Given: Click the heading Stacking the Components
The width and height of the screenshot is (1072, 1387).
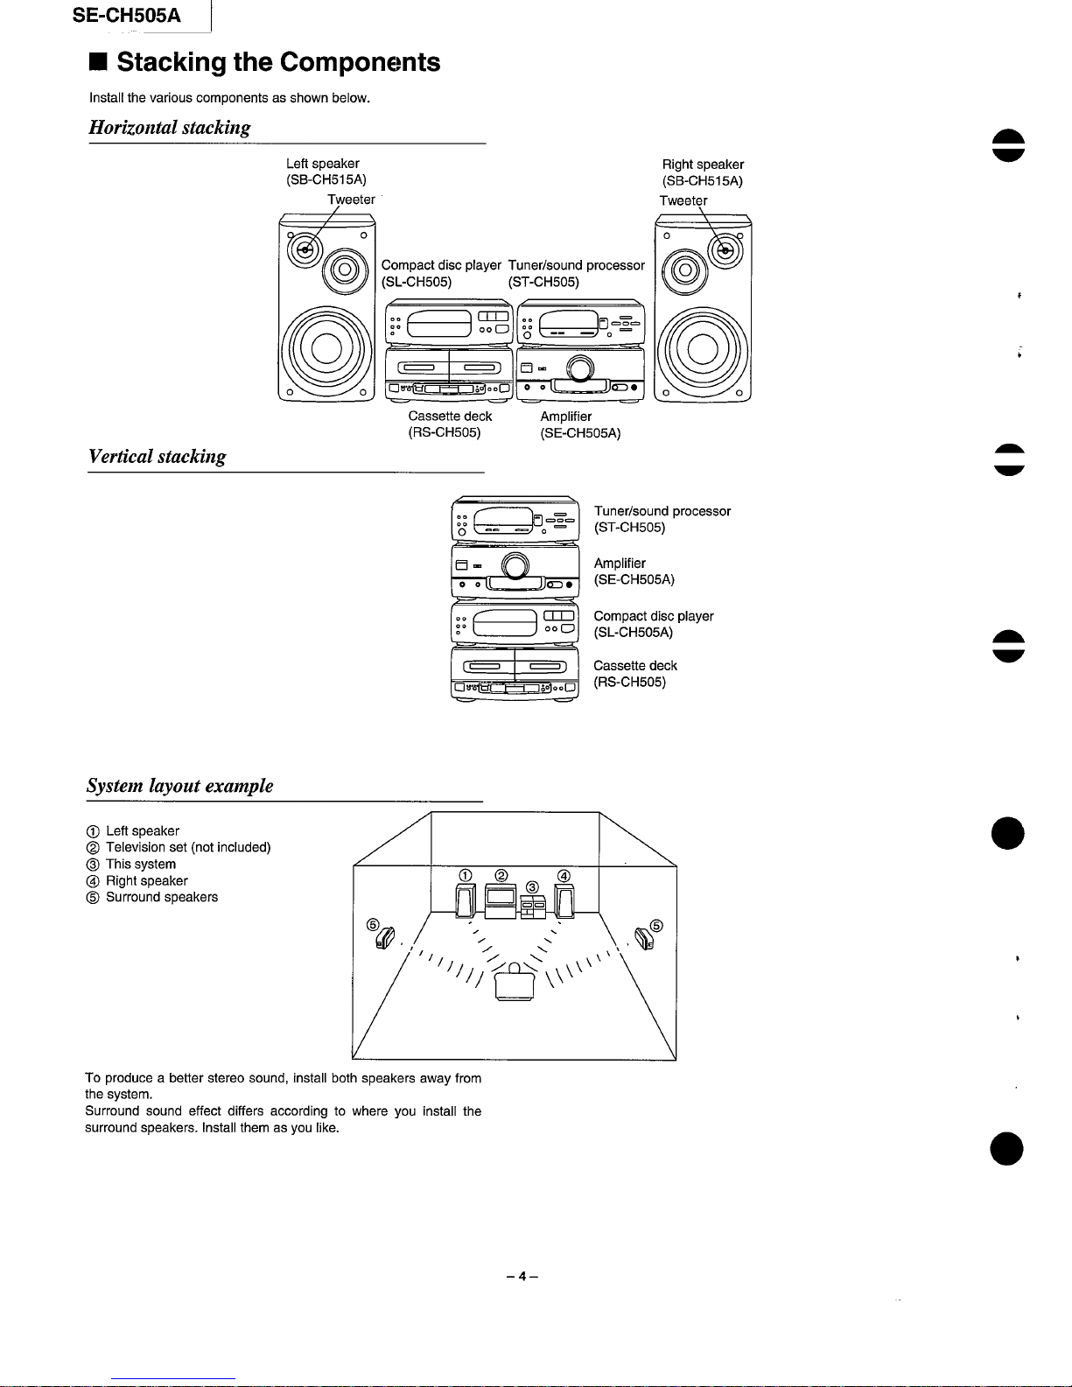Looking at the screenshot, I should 278,62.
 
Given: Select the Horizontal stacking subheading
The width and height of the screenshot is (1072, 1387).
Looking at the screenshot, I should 170,128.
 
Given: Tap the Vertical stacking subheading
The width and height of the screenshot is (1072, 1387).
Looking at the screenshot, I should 157,457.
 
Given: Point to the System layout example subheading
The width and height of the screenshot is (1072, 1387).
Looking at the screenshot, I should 179,786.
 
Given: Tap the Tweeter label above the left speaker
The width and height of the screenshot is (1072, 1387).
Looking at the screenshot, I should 351,200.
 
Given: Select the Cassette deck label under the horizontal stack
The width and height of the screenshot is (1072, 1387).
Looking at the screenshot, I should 450,417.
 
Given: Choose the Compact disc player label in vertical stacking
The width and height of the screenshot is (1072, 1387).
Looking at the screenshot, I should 653,616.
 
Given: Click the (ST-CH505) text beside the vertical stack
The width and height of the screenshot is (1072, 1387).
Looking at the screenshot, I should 629,528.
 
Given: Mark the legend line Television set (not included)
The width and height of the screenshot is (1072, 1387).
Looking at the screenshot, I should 188,847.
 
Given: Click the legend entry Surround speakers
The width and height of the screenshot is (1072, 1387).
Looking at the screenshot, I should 162,897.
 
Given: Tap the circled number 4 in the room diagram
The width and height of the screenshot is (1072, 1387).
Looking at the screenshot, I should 564,875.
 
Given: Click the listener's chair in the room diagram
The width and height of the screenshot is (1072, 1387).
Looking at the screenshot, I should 515,984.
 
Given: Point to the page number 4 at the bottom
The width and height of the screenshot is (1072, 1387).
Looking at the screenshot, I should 521,1277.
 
